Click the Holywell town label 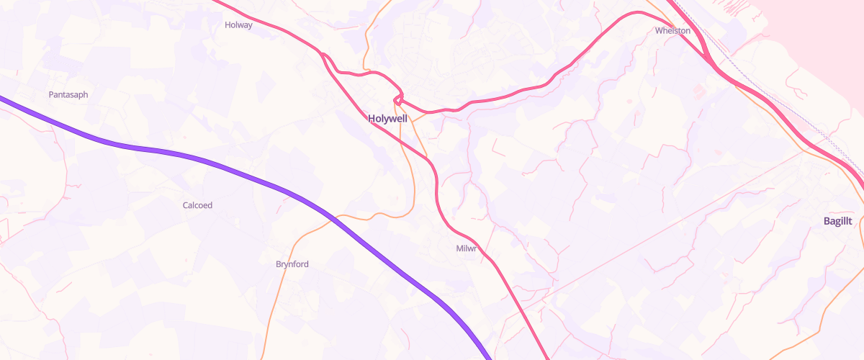pyautogui.click(x=387, y=119)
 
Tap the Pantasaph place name pyautogui.click(x=68, y=95)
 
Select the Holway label pyautogui.click(x=238, y=24)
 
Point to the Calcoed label pyautogui.click(x=197, y=205)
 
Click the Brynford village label pyautogui.click(x=292, y=264)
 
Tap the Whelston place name pyautogui.click(x=672, y=31)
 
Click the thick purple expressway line pyautogui.click(x=216, y=165)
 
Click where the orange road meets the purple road pyautogui.click(x=333, y=217)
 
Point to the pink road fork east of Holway pyautogui.click(x=324, y=55)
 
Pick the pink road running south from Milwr pyautogui.click(x=518, y=302)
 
